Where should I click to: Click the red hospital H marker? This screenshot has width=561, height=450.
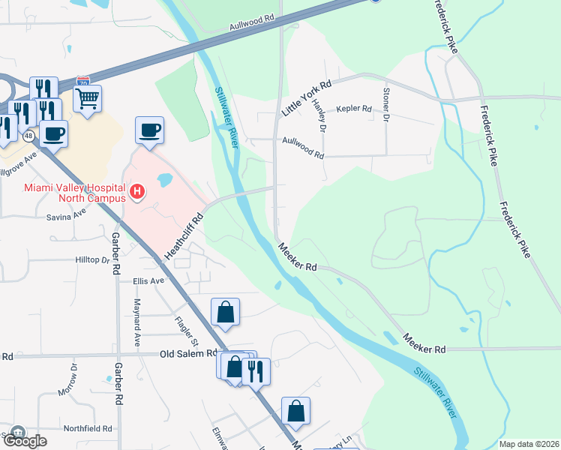[137, 193]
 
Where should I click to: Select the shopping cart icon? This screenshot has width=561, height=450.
[88, 97]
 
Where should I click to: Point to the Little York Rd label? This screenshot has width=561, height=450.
[306, 98]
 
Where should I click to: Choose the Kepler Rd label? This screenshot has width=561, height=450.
[354, 109]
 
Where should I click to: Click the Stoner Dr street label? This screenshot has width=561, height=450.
[386, 106]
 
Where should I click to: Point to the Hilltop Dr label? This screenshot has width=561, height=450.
[92, 259]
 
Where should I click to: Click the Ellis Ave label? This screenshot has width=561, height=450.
[148, 281]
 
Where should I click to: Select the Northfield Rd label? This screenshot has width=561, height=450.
[88, 428]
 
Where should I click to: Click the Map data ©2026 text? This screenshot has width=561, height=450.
[528, 444]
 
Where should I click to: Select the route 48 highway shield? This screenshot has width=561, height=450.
[28, 136]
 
